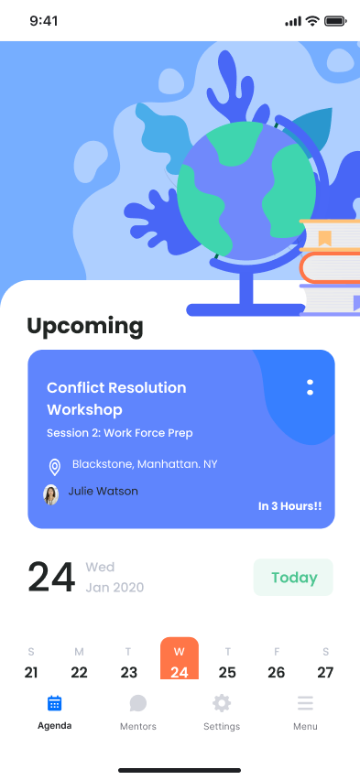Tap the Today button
[x=293, y=578]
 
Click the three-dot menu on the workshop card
[x=311, y=387]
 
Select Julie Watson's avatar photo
[x=51, y=494]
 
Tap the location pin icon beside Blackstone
[x=54, y=467]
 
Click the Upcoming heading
[x=85, y=326]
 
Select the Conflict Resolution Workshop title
[x=116, y=398]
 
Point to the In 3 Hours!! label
[x=289, y=505]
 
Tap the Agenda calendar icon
[x=54, y=703]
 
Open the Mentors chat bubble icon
[x=138, y=703]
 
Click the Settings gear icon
[x=222, y=703]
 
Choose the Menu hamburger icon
[x=305, y=703]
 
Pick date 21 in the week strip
[x=31, y=672]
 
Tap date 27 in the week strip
[x=325, y=672]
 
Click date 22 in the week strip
[x=80, y=672]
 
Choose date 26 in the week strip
[x=277, y=672]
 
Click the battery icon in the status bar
[x=335, y=21]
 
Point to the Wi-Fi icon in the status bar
[x=312, y=21]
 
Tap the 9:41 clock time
[x=43, y=21]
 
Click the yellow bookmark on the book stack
[x=324, y=239]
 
